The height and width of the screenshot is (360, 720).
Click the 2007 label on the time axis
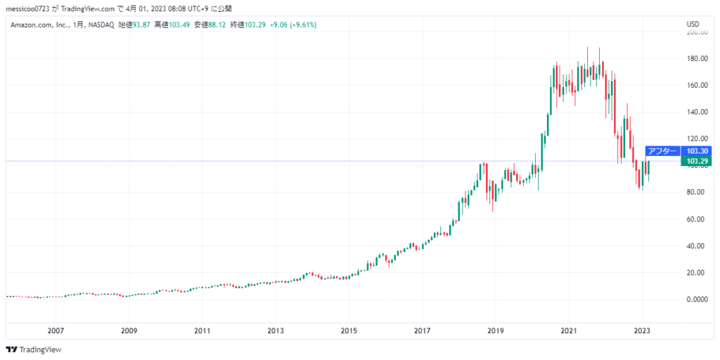pyautogui.click(x=56, y=330)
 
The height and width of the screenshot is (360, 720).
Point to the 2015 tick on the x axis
pyautogui.click(x=349, y=330)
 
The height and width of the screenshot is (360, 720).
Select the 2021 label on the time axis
pyautogui.click(x=569, y=330)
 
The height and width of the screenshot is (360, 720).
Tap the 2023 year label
pyautogui.click(x=642, y=330)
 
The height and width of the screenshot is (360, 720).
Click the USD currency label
pyautogui.click(x=693, y=25)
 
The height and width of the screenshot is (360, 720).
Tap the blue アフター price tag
pyautogui.click(x=662, y=150)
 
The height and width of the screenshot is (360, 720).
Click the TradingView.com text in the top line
pyautogui.click(x=89, y=8)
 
